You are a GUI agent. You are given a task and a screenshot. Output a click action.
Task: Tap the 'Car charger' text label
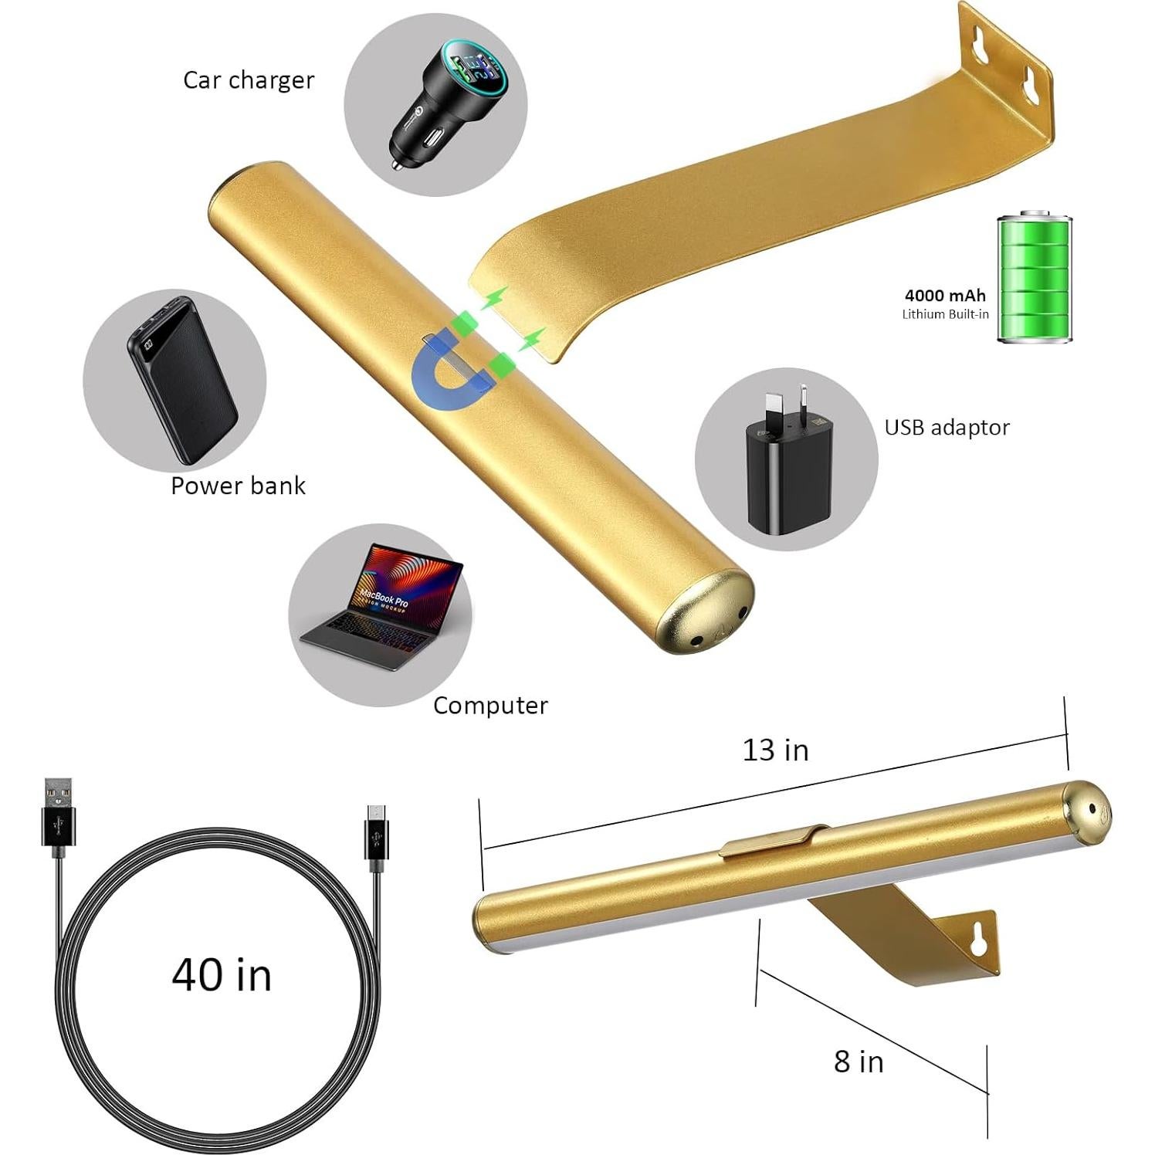pos(249,80)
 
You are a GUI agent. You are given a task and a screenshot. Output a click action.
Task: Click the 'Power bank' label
pos(238,486)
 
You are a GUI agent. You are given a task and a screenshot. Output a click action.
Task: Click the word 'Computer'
pos(490,705)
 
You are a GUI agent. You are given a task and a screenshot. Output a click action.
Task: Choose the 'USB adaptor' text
pos(947,428)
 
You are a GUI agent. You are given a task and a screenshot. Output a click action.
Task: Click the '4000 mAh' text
pos(945,295)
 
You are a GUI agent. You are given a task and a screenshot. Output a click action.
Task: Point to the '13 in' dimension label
pos(775,750)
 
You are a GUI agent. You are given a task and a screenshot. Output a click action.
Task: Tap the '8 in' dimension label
pos(859,1062)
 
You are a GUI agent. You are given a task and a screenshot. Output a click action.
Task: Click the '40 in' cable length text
pos(222,974)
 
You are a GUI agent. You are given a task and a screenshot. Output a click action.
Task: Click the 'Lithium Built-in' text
pos(945,314)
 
